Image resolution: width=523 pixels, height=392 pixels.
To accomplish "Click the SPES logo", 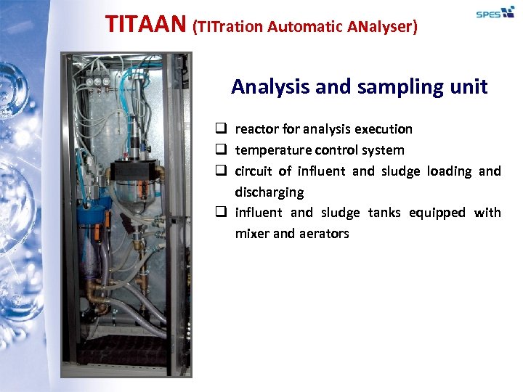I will (495, 13).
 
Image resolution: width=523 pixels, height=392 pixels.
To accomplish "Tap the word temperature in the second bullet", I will (272, 150).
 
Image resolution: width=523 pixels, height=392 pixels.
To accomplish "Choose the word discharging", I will (269, 192).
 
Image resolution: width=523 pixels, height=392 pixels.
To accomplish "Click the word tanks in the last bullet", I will (384, 213).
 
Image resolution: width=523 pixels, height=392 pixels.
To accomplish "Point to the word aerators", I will (323, 234).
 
